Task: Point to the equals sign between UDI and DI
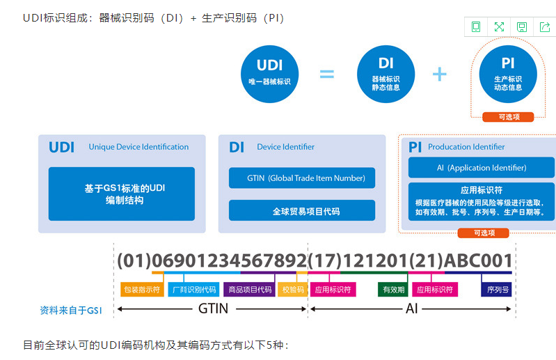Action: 327,73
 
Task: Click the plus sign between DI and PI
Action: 439,73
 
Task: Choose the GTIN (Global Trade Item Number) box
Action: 301,178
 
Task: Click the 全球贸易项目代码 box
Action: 301,210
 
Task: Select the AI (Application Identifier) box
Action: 481,168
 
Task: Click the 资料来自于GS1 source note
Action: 71,311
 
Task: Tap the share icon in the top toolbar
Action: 543,27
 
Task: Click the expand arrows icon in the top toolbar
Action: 499,27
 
